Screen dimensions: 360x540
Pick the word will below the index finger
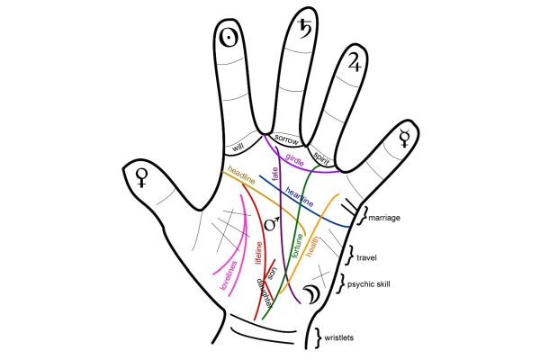pyautogui.click(x=238, y=146)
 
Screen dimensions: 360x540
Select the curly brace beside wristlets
pyautogui.click(x=319, y=337)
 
